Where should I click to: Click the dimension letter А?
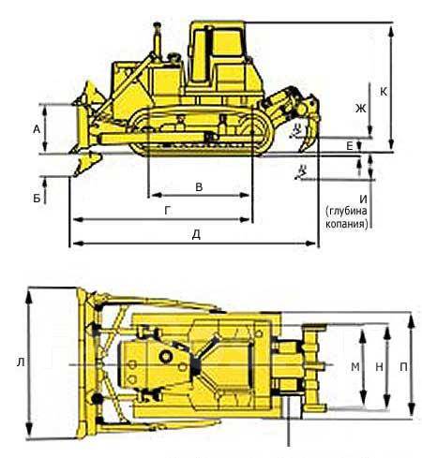[37, 129]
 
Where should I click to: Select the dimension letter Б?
[37, 198]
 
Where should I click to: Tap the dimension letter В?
[199, 186]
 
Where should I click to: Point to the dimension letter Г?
[168, 211]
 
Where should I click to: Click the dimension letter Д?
[196, 235]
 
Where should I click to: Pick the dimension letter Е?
[350, 145]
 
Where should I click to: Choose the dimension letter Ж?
[360, 109]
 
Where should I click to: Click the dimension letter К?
[384, 92]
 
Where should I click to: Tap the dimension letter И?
[363, 199]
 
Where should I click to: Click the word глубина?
[347, 212]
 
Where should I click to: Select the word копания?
[347, 224]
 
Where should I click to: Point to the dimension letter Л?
[21, 362]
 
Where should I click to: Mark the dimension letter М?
[355, 367]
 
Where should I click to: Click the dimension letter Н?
[379, 367]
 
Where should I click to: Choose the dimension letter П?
[403, 367]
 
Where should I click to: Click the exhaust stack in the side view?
[158, 39]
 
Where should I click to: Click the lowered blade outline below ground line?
[86, 163]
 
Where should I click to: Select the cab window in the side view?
[227, 45]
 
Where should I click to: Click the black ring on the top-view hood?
[165, 356]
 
